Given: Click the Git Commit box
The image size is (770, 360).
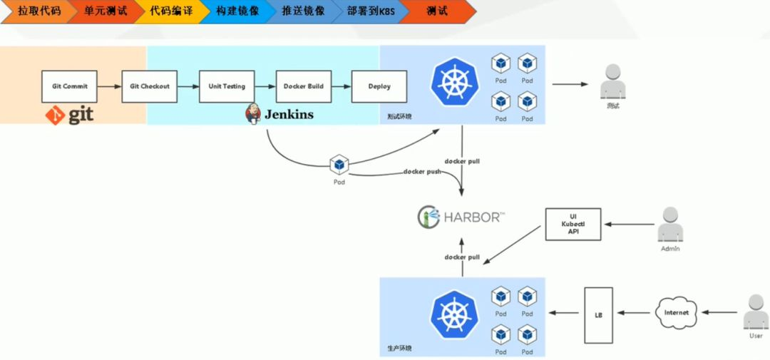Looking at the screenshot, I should [x=70, y=86].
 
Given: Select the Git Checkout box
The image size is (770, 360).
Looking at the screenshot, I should [x=150, y=86].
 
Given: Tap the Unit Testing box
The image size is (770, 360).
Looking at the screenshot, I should [x=227, y=86].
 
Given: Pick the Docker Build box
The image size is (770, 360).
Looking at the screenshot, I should [x=304, y=86].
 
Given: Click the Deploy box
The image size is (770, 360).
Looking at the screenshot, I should [x=379, y=86].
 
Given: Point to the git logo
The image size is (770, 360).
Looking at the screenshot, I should [x=70, y=114].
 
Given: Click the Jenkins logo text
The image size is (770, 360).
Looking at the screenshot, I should [x=289, y=114].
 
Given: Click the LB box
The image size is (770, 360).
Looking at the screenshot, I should [x=598, y=314].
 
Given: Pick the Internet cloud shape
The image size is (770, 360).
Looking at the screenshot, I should [x=677, y=313].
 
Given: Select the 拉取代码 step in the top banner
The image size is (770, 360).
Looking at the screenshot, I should [x=37, y=11].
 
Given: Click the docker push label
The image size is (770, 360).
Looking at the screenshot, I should [x=422, y=172].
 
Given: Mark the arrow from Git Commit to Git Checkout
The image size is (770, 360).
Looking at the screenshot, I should [x=109, y=86].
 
